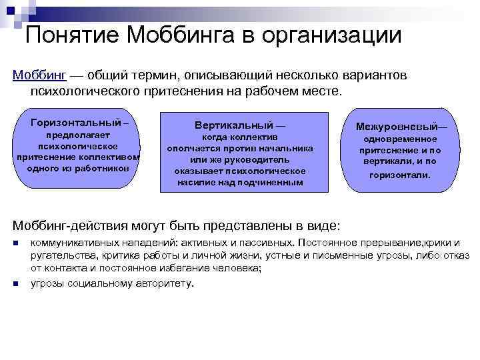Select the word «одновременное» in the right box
[x=399, y=139]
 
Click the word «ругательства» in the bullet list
[x=61, y=255]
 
